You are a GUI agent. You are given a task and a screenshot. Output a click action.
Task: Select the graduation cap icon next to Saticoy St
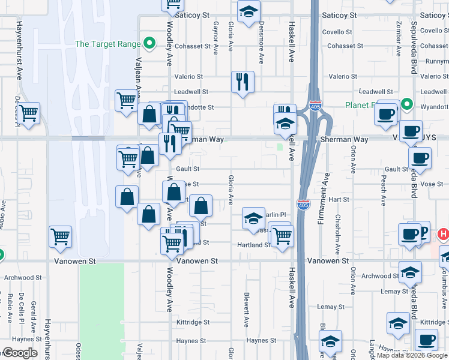[248, 12]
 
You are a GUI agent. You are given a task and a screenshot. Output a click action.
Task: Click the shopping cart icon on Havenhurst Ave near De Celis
[29, 112]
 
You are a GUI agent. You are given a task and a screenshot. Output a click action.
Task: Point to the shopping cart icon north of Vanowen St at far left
[60, 237]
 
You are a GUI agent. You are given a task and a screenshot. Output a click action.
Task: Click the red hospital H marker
[444, 233]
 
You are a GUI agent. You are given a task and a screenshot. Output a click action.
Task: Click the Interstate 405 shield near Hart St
[303, 205]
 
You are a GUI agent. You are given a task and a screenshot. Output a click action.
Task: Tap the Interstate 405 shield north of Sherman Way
[315, 106]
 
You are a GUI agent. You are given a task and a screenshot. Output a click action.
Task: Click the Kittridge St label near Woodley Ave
[193, 322]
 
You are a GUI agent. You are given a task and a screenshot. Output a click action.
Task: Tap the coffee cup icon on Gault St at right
[420, 158]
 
